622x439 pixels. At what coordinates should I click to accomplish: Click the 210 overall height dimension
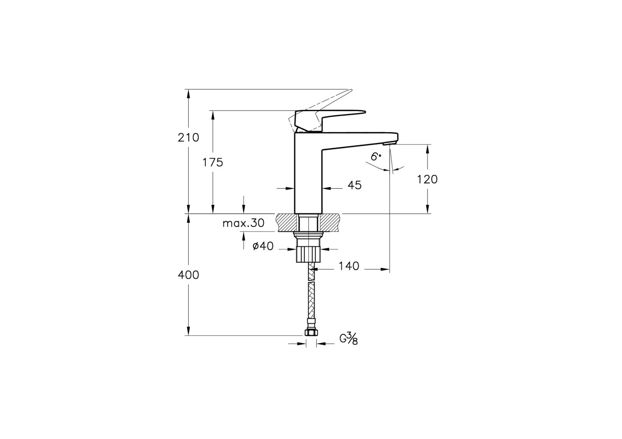coord(189,138)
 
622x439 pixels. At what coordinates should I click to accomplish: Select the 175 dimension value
coord(213,162)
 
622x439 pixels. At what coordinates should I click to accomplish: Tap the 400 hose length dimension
coord(189,275)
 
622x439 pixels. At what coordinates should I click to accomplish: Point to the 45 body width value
coord(355,185)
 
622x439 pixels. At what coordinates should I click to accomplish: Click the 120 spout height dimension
coord(428,179)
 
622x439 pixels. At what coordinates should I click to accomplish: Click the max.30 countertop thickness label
coord(243,223)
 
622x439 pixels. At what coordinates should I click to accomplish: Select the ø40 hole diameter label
coord(263,247)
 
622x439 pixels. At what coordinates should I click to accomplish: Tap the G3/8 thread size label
coord(348,339)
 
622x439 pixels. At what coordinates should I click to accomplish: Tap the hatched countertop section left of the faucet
coord(287,223)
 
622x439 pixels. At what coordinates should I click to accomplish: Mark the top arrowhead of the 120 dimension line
coord(428,148)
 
